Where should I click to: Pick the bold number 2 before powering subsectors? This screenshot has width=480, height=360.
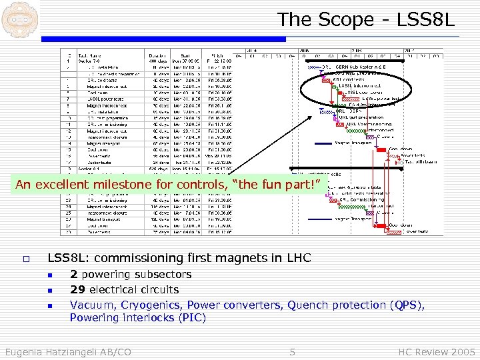73,274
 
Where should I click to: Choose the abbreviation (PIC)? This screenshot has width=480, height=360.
193,318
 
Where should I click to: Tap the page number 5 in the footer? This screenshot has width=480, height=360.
292,351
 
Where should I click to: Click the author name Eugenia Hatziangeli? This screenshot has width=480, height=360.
53,351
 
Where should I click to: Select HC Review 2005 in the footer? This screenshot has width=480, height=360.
437,351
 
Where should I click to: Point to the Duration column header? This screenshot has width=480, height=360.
159,56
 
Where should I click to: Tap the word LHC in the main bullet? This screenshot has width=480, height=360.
299,257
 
